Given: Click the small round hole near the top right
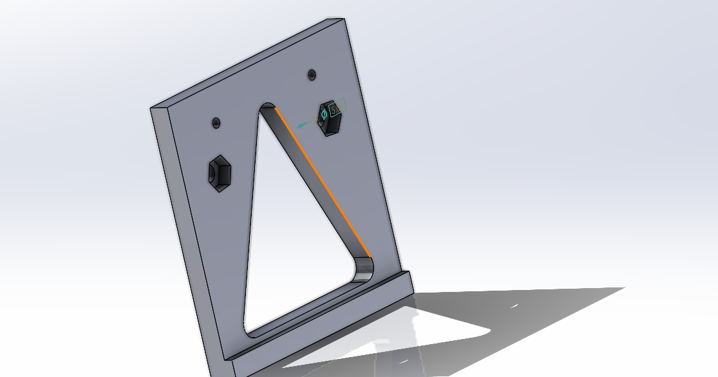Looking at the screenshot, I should [312, 75].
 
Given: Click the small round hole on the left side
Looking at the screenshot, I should [216, 122].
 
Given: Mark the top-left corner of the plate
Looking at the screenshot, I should [151, 108].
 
